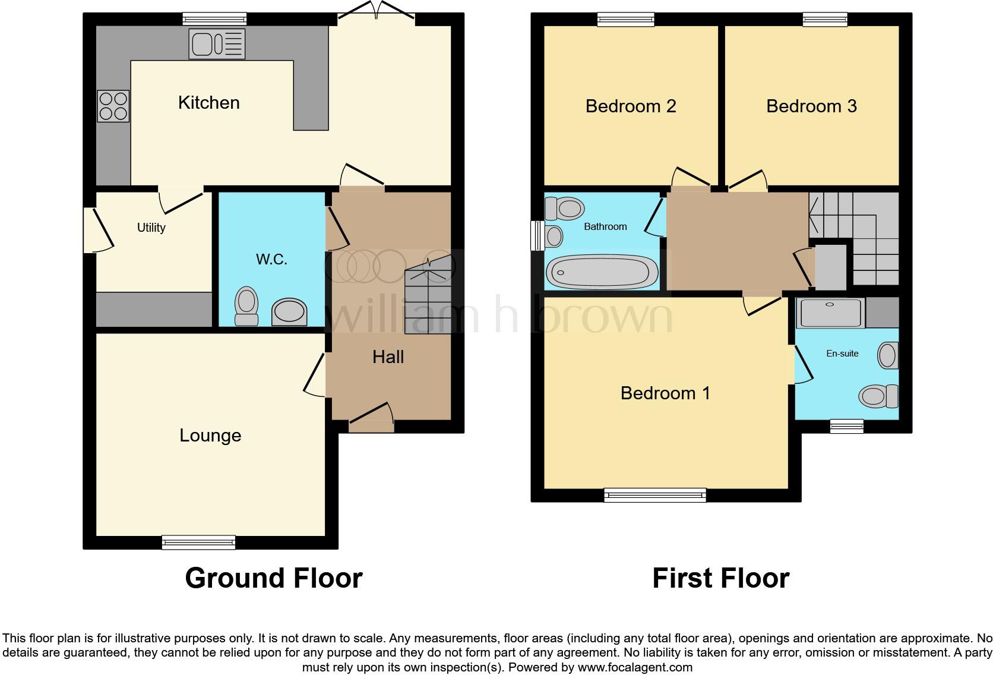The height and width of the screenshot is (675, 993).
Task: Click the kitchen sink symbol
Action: coord(217,44)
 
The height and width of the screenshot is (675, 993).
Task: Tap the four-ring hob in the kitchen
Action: coord(113,106)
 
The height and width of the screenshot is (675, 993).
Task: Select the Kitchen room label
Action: coord(209,103)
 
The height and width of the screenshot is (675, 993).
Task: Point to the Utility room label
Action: coord(151,228)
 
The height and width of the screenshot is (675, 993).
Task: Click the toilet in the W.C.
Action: coord(246,306)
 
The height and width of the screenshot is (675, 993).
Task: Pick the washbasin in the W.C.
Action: coord(290,312)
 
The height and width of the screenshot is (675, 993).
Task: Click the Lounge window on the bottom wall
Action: coord(199,542)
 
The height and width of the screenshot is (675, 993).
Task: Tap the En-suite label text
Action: coord(842,354)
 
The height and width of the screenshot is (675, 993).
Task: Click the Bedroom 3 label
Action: coord(811,106)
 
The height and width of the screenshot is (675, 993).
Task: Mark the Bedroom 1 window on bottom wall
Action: coord(655,495)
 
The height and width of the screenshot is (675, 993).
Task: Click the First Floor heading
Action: coord(720,578)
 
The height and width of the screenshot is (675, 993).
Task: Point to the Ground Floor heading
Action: coord(273,578)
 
